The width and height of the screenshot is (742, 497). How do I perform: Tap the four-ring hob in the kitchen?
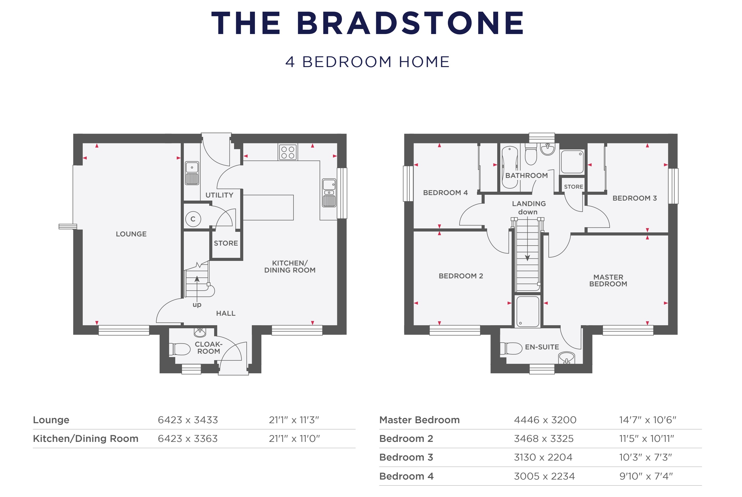pyautogui.click(x=288, y=152)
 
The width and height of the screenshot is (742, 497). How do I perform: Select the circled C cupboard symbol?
pyautogui.click(x=193, y=219)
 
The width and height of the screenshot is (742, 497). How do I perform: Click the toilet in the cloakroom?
pyautogui.click(x=180, y=349)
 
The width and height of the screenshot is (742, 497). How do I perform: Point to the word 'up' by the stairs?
pyautogui.click(x=197, y=305)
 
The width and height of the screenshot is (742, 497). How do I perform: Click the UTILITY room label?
pyautogui.click(x=219, y=195)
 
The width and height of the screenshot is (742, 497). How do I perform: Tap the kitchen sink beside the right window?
pyautogui.click(x=329, y=193)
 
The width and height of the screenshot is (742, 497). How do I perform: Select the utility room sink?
pyautogui.click(x=192, y=173)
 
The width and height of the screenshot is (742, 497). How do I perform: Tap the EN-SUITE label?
pyautogui.click(x=542, y=347)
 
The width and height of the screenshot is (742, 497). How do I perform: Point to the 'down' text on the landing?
pyautogui.click(x=528, y=212)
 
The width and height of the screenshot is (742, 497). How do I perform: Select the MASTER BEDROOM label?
pyautogui.click(x=608, y=281)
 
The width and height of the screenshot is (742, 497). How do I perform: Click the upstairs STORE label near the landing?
pyautogui.click(x=573, y=187)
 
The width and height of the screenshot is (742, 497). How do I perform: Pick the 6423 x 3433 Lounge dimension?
pyautogui.click(x=188, y=420)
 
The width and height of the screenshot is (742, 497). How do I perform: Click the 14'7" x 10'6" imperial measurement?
pyautogui.click(x=648, y=420)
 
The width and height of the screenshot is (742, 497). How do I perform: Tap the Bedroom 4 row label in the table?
pyautogui.click(x=406, y=476)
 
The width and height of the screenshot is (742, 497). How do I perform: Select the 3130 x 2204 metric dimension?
pyautogui.click(x=543, y=457)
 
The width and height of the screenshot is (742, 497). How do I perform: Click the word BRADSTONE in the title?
pyautogui.click(x=410, y=23)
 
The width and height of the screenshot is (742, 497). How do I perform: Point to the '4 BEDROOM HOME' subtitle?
pyautogui.click(x=368, y=62)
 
